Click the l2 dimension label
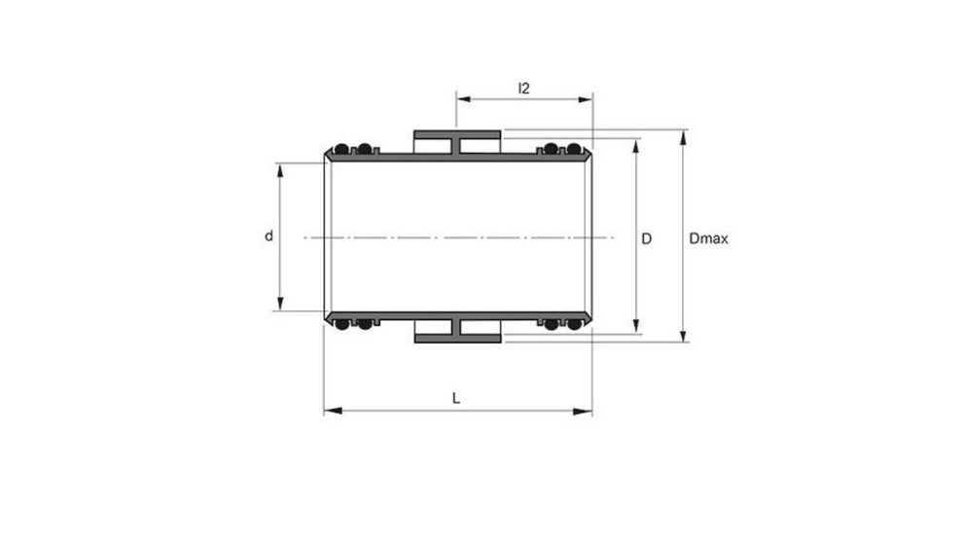523,89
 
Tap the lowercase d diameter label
268,236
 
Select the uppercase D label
647,237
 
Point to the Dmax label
708,237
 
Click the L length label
456,397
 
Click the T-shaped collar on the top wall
457,142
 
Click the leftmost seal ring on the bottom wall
341,324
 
